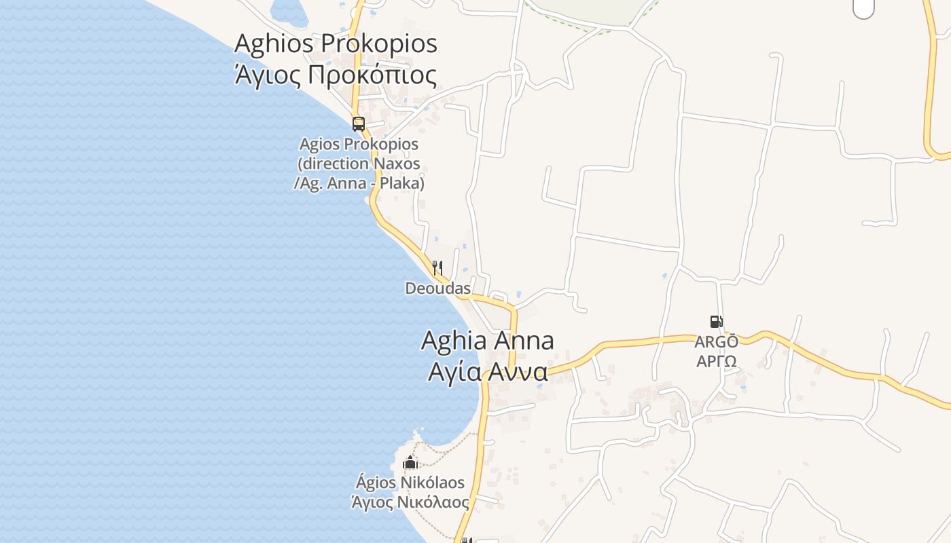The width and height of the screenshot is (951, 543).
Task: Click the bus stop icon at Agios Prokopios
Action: [359, 124]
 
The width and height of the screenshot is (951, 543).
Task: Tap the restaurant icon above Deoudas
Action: [437, 268]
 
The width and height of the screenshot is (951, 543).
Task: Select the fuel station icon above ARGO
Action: [716, 321]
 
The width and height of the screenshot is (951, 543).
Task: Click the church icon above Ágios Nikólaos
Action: [410, 463]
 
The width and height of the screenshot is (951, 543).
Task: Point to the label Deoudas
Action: [438, 288]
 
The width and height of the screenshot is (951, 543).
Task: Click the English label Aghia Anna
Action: [487, 341]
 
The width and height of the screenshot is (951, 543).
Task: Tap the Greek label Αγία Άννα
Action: [487, 372]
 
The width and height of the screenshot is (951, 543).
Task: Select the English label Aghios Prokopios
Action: [336, 43]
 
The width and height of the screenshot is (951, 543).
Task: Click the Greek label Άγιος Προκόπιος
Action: [336, 75]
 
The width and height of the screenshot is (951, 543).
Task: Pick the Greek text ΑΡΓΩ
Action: [717, 360]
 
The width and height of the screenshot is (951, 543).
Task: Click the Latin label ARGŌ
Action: [716, 341]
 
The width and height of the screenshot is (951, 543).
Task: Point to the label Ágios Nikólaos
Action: [410, 483]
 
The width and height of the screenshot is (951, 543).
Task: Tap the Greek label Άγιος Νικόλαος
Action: [410, 502]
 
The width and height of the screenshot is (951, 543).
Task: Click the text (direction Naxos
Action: [359, 164]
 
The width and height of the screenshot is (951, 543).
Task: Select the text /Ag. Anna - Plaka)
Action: [359, 183]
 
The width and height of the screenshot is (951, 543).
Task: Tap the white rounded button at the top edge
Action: [863, 8]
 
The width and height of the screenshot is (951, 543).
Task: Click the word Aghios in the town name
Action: [273, 43]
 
